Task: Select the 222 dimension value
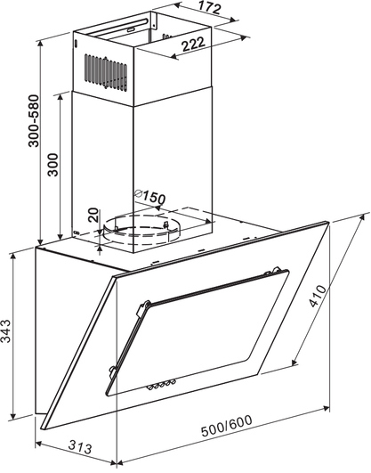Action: [193, 45]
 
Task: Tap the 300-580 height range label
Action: [34, 121]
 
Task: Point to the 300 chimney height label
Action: [53, 165]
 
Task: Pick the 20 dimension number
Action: [93, 215]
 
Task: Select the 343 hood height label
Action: [5, 330]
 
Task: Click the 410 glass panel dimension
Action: [318, 296]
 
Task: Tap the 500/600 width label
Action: [226, 426]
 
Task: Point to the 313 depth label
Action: [79, 447]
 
